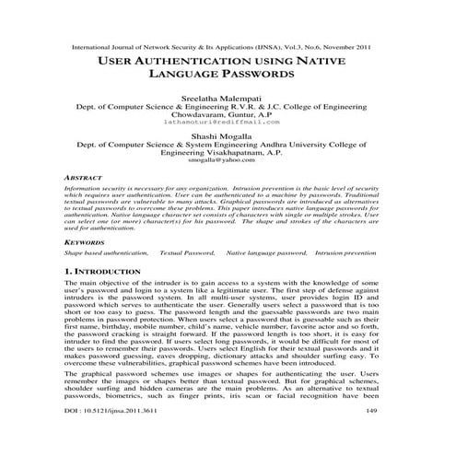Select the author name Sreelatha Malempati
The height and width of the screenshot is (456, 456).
pos(228,96)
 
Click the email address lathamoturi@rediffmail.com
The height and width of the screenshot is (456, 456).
pos(228,123)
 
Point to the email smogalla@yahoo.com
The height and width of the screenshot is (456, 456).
pos(228,160)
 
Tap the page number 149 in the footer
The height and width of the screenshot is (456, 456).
pos(372,436)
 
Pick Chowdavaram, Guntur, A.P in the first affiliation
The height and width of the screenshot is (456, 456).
pos(228,114)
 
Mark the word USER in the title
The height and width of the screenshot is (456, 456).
pos(115,63)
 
